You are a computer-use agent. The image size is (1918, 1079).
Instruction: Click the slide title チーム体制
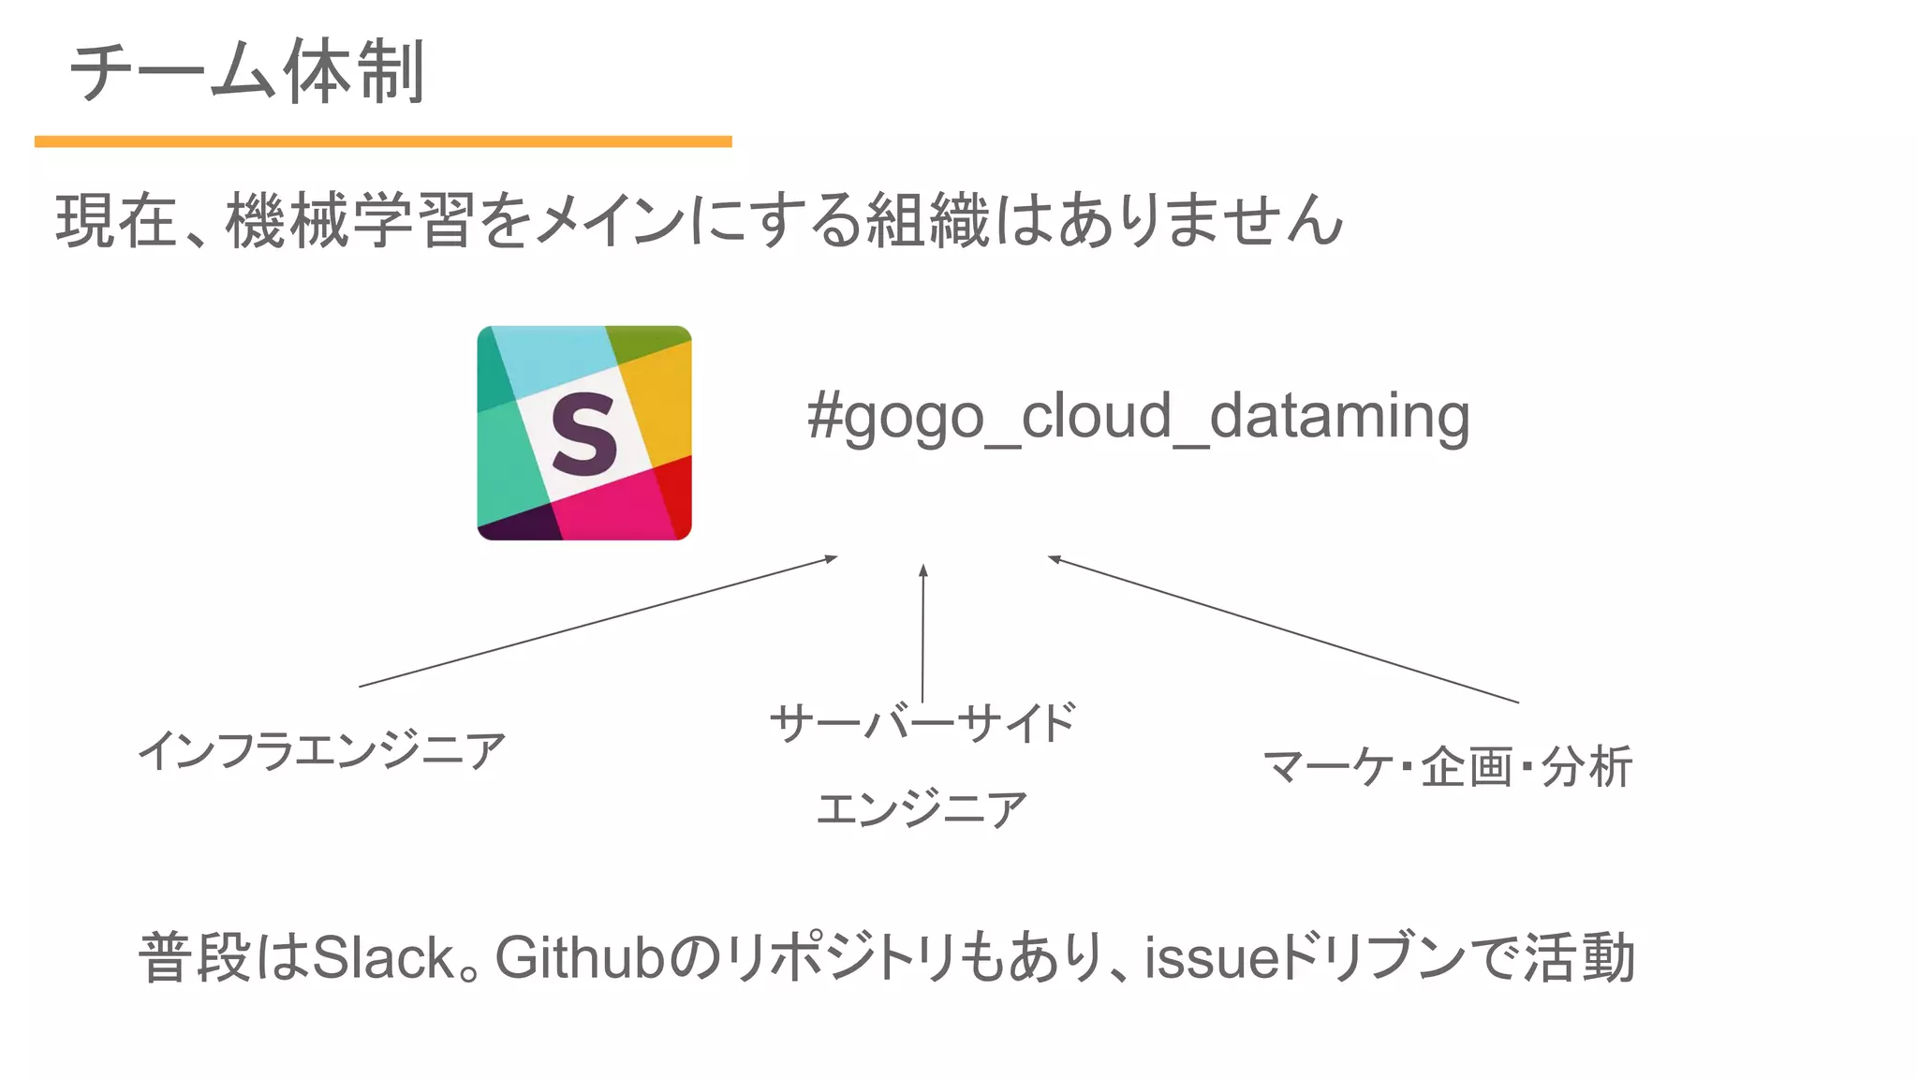[x=247, y=71]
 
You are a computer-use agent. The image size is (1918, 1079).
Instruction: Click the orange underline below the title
[x=382, y=141]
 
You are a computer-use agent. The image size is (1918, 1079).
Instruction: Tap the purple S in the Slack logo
[x=583, y=433]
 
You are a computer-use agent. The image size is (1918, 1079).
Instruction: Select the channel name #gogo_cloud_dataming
[x=1138, y=417]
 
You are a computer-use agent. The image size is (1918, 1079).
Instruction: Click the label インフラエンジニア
[x=321, y=751]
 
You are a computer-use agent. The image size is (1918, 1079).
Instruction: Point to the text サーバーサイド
[x=922, y=724]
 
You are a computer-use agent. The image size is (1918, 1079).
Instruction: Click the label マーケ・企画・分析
[x=1447, y=767]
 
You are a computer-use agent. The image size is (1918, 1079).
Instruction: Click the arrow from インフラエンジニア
[x=598, y=622]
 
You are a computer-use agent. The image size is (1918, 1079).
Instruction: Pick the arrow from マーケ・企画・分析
[x=1283, y=629]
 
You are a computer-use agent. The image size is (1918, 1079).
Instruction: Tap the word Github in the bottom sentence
[x=579, y=958]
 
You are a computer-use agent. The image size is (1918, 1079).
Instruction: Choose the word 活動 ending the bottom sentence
[x=1579, y=958]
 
